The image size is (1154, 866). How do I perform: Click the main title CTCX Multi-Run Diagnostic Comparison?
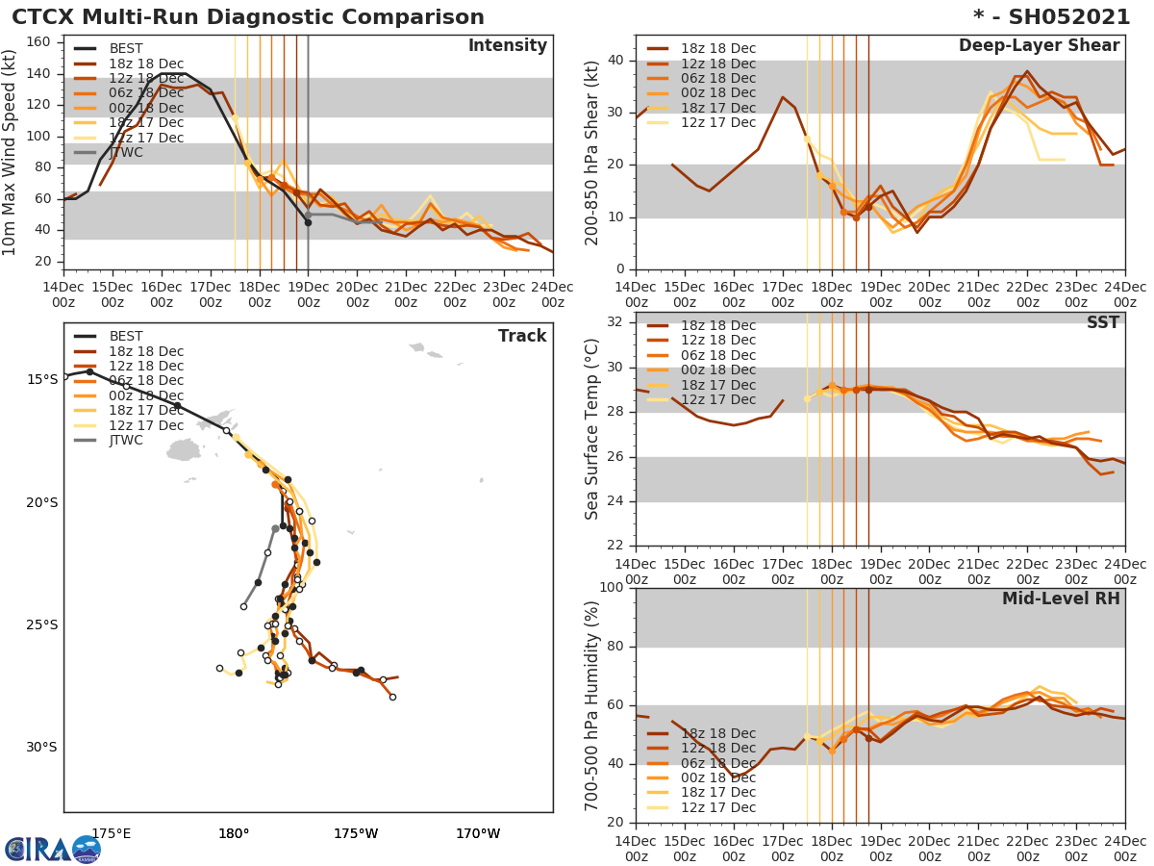click(x=248, y=17)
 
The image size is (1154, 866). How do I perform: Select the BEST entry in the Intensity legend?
click(x=125, y=49)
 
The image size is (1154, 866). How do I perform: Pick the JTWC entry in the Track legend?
click(x=126, y=441)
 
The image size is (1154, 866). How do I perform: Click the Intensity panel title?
click(x=507, y=46)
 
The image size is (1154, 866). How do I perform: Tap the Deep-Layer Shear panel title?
click(x=1039, y=46)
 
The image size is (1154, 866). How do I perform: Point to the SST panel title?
click(x=1102, y=323)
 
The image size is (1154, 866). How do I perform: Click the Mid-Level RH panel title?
click(x=1061, y=599)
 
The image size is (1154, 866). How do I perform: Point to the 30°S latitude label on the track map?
click(x=41, y=748)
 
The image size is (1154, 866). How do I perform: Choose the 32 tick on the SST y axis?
click(x=615, y=321)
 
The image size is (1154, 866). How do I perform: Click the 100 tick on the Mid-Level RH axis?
click(x=611, y=588)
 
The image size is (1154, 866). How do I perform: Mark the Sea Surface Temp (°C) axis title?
click(x=593, y=428)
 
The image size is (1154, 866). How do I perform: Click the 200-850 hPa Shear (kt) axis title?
click(x=593, y=152)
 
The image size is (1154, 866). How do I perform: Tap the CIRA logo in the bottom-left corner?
click(x=53, y=849)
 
